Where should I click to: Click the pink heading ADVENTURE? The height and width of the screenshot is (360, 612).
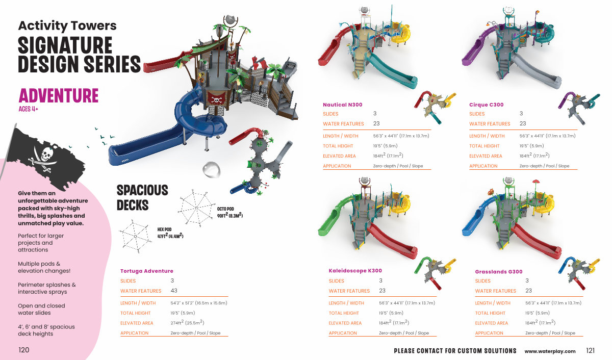click(x=58, y=95)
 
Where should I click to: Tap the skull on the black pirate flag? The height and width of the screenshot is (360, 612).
click(x=46, y=152)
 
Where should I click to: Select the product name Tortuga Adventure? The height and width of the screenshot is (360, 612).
click(x=146, y=271)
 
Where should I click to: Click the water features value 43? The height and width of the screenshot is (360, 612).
click(x=174, y=291)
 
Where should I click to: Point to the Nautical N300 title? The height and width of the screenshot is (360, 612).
click(x=342, y=105)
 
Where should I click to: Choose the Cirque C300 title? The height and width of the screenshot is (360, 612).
click(x=486, y=105)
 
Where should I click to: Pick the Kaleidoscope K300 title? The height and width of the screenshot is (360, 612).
click(x=355, y=271)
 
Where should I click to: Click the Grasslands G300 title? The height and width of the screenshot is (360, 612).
click(x=498, y=272)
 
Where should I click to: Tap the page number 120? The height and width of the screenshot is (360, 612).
click(x=23, y=350)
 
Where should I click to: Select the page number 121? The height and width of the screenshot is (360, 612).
click(x=591, y=350)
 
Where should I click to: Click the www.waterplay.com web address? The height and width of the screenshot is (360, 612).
click(x=550, y=351)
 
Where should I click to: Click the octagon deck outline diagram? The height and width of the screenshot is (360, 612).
click(x=195, y=207)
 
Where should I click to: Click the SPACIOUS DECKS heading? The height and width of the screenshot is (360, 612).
click(x=142, y=197)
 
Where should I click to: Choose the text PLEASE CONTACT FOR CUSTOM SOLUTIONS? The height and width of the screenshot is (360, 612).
click(x=455, y=351)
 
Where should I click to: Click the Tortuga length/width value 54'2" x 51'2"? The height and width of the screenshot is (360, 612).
click(x=198, y=303)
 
